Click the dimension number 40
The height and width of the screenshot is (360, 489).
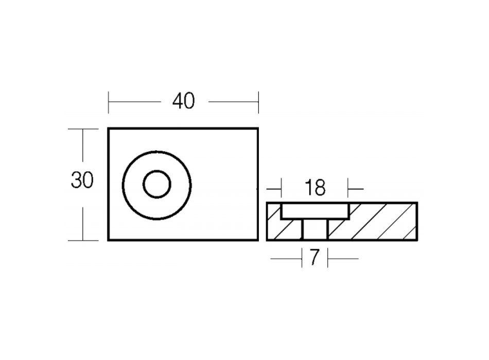(183, 101)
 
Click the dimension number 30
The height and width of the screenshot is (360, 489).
(82, 180)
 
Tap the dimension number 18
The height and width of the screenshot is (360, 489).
(315, 188)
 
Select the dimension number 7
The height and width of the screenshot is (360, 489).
(315, 258)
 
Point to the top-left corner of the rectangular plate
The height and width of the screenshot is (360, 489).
(108, 128)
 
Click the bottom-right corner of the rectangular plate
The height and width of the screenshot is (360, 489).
(258, 240)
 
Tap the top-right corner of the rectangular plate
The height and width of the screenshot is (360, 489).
(258, 128)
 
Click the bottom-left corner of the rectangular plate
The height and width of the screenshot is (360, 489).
(108, 240)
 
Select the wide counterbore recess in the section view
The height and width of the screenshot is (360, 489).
(315, 211)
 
